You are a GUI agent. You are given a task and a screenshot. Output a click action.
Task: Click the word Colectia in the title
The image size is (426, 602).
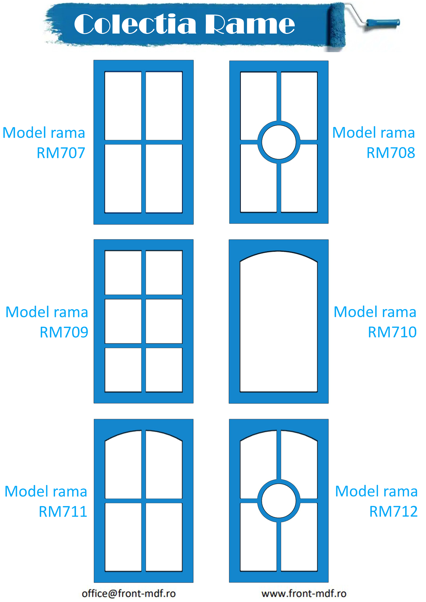(135, 24)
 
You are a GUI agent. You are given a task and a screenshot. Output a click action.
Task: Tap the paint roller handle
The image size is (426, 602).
(383, 23)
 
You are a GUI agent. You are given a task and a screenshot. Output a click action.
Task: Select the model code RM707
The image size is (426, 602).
(61, 153)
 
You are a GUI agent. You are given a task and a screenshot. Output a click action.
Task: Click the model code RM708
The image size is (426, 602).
(391, 153)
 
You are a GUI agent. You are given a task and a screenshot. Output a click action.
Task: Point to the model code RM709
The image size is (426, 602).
(64, 332)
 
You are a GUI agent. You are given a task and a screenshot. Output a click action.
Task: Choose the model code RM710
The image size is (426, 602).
(392, 332)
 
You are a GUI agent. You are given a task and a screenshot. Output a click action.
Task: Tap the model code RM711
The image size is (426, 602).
(63, 512)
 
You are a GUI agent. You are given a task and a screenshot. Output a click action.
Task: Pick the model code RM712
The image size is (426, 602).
(393, 512)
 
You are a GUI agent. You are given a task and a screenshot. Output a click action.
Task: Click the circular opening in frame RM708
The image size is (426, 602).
(279, 142)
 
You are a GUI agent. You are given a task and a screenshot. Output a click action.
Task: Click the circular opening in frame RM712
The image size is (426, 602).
(279, 501)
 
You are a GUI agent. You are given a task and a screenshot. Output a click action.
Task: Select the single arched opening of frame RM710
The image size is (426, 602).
(279, 323)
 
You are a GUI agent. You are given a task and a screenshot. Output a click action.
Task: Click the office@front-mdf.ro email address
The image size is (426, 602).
(129, 594)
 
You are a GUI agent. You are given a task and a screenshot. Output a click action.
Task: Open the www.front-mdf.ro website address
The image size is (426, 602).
(304, 594)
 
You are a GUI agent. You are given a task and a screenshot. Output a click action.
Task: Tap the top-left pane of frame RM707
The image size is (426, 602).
(123, 106)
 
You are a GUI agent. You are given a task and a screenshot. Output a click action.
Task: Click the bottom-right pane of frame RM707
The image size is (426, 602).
(164, 178)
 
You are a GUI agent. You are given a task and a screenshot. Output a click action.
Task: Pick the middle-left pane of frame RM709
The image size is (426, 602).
(123, 321)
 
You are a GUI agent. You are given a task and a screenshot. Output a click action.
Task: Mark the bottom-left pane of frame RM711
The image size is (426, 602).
(123, 537)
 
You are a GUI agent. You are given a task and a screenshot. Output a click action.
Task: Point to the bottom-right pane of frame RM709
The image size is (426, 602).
(164, 370)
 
